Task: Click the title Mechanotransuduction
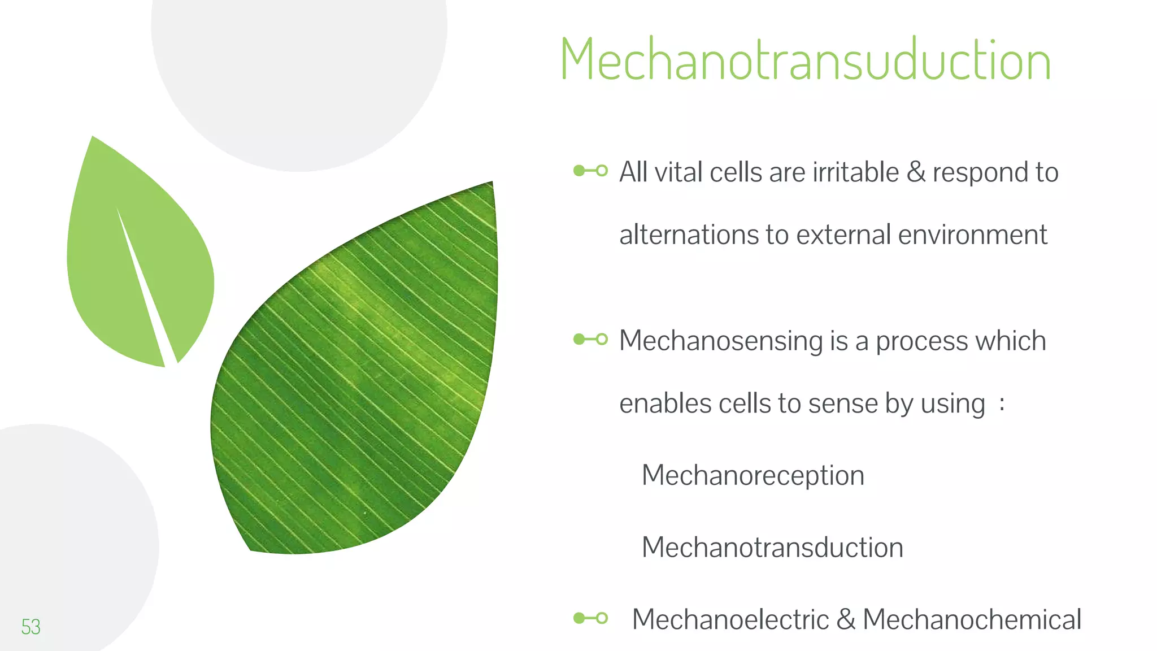pos(805,60)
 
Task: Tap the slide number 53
pos(31,627)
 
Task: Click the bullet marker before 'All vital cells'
pos(590,171)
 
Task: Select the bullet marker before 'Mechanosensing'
pos(590,339)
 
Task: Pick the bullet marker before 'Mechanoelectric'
pos(590,618)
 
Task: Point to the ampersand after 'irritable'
pos(916,172)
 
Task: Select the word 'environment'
pos(972,235)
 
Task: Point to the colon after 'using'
pos(1002,404)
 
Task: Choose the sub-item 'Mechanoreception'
pos(753,475)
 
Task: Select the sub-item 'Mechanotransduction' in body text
pos(772,547)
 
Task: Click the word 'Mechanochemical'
pos(972,619)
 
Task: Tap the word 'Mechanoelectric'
pos(730,619)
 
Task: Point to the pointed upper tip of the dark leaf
pos(491,183)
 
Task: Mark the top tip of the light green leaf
pos(93,137)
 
